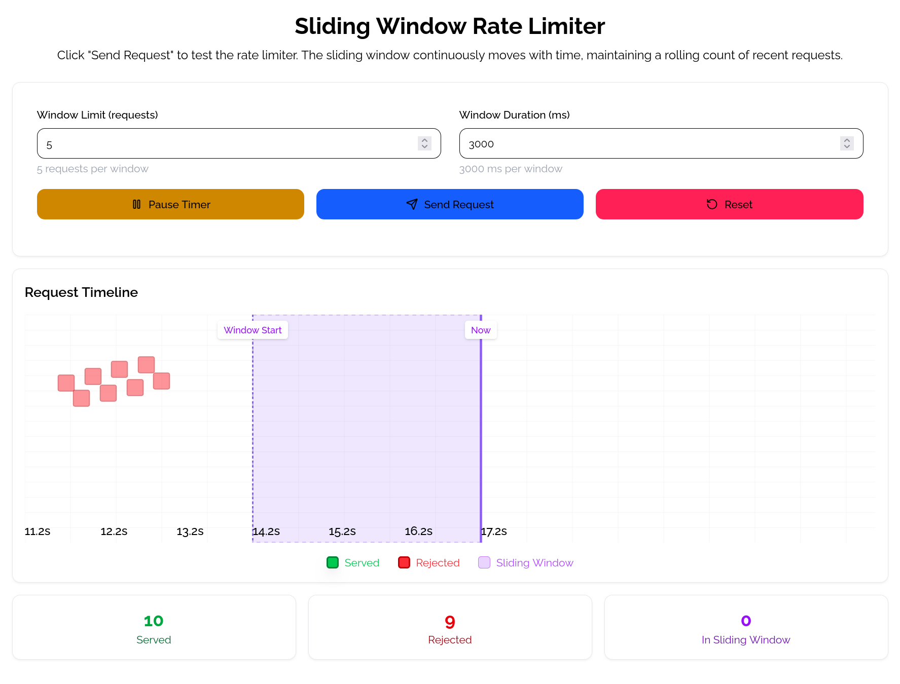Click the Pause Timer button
[170, 204]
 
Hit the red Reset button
[729, 204]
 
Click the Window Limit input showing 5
[228, 144]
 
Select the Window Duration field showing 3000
[649, 144]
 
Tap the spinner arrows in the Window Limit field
[424, 143]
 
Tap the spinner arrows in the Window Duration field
[846, 143]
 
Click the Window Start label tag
[253, 330]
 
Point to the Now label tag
[481, 330]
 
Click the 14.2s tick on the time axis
[266, 531]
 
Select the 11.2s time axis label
[38, 531]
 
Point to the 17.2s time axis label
[494, 531]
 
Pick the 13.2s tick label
[190, 531]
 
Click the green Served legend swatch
[333, 562]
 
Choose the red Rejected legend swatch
[404, 562]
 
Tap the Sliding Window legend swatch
[484, 562]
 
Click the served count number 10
[154, 621]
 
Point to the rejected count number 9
[450, 622]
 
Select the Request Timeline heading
[81, 292]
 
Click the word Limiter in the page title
[566, 26]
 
